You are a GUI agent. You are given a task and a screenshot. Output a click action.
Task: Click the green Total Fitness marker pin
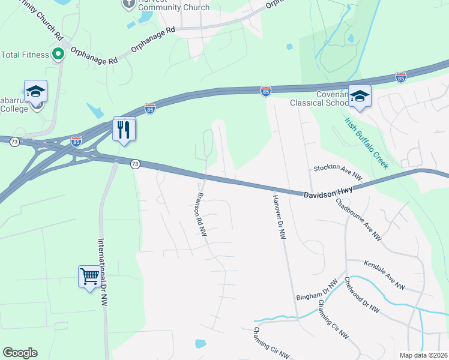point(58,55)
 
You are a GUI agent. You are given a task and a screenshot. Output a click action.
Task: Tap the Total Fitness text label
point(25,55)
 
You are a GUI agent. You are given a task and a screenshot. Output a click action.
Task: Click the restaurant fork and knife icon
point(124,129)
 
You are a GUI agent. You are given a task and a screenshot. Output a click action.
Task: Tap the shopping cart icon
point(89,277)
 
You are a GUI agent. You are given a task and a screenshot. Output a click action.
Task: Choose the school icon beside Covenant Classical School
point(360,96)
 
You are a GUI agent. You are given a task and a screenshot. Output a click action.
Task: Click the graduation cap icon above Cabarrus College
point(35,91)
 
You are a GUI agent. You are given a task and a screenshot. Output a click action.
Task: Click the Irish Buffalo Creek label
point(367,143)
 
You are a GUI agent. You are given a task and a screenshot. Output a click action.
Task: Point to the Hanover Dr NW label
point(279,217)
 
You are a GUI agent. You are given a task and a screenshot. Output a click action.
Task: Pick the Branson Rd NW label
point(202,214)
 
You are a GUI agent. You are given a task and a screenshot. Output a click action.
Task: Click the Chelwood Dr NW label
point(362,294)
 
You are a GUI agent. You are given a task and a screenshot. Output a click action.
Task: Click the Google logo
point(20,353)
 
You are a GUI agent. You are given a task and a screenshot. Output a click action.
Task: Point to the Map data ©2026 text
point(423,355)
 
